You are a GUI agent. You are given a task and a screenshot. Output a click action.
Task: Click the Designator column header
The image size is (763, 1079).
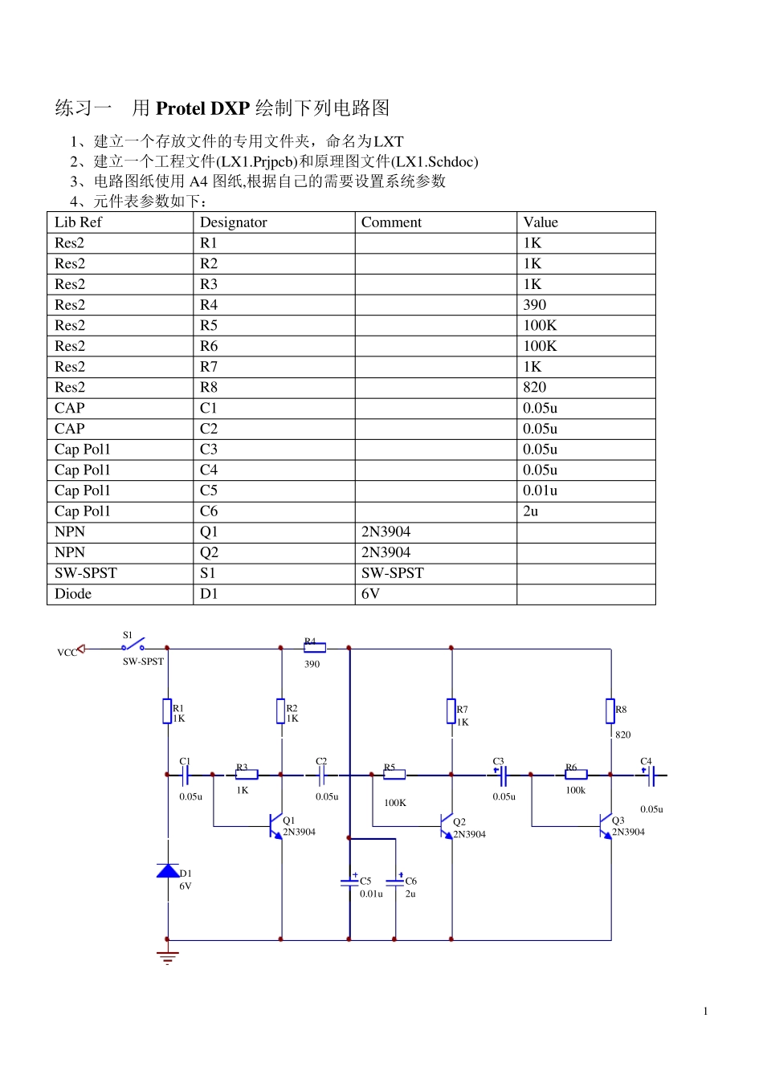click(x=233, y=222)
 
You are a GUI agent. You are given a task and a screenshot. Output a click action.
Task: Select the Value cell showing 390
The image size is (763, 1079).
click(x=534, y=305)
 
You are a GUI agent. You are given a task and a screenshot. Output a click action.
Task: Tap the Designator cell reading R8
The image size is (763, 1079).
click(x=209, y=387)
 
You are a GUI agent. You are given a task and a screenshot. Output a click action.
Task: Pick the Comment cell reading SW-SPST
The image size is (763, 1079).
click(x=392, y=573)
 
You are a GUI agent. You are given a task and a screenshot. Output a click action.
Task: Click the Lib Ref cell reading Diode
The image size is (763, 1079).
click(x=73, y=594)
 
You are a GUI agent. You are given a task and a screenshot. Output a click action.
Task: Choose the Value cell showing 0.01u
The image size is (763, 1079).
click(x=540, y=491)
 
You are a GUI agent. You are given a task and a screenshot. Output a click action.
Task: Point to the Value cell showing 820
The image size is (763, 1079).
click(x=534, y=387)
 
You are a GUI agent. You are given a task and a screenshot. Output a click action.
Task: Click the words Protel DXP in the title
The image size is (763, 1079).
click(x=202, y=108)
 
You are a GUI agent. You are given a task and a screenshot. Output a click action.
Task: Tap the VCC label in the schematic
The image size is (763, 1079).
click(x=67, y=653)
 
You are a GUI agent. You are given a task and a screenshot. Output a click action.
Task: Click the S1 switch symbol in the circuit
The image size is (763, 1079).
click(x=133, y=645)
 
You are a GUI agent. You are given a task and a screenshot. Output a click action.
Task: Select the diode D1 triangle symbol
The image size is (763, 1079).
click(x=168, y=871)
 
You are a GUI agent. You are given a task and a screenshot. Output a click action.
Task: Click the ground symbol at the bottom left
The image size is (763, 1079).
click(x=167, y=957)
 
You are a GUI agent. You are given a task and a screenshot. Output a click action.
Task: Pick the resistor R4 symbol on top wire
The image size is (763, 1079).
click(x=314, y=647)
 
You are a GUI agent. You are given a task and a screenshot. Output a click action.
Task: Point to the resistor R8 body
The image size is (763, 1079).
click(x=610, y=711)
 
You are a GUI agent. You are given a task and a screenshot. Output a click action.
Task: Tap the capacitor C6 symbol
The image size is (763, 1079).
click(x=395, y=881)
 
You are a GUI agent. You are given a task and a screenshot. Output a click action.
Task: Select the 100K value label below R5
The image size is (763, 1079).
click(x=395, y=803)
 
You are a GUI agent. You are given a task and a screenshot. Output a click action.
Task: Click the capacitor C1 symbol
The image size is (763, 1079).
click(x=185, y=775)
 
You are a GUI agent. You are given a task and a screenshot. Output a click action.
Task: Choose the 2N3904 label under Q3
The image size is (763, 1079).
click(x=628, y=832)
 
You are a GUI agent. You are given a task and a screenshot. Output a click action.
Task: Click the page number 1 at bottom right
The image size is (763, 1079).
click(x=705, y=1012)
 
